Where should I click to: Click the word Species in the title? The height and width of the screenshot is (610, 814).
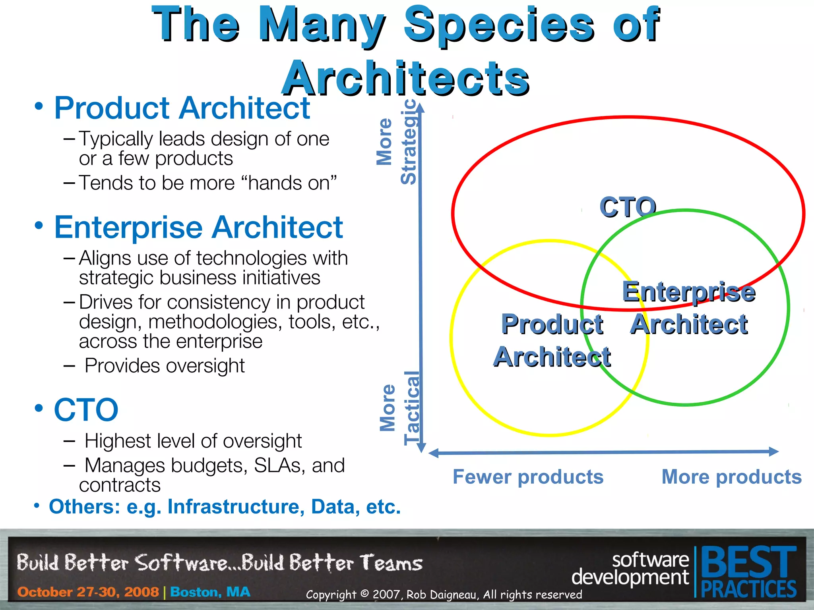point(499,25)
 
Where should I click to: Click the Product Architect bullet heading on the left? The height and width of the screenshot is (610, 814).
point(182,108)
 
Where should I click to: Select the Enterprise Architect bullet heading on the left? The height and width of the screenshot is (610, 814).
point(198,227)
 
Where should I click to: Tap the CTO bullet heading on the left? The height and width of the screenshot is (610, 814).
point(86,410)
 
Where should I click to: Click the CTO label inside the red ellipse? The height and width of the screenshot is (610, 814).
point(628,207)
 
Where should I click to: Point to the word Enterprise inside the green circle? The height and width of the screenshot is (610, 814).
point(688,292)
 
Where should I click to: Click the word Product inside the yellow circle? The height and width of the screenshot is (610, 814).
point(552,324)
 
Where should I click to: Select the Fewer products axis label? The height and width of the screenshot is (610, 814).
point(528,477)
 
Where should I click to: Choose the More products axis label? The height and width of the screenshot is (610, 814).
point(731,477)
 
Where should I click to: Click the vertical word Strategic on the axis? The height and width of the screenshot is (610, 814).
point(409,142)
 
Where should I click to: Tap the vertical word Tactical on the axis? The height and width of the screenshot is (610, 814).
point(412,408)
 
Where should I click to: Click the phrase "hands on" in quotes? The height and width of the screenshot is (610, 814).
point(292,183)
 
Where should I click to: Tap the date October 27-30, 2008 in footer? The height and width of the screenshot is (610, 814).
point(88,592)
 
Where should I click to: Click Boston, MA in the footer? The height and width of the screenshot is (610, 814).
point(210,592)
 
